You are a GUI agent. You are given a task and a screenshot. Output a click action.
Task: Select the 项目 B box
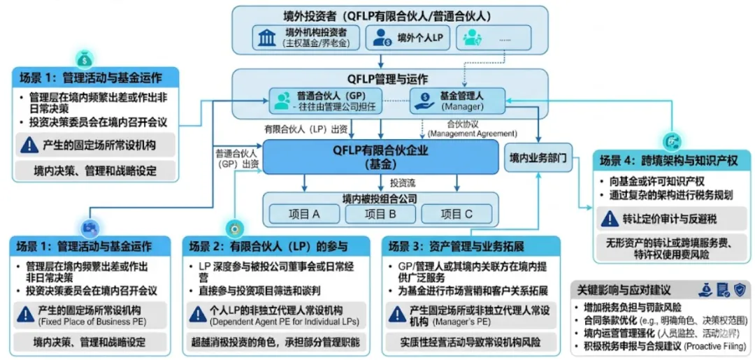coord(381,214)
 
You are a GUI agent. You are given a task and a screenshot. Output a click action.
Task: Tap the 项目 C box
coord(456,214)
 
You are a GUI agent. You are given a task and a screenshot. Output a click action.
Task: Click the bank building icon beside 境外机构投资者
coord(266,38)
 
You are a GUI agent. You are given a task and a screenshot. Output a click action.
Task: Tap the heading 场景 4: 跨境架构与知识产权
coord(668,161)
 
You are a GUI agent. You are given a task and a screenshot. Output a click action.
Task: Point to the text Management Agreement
coord(473,133)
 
